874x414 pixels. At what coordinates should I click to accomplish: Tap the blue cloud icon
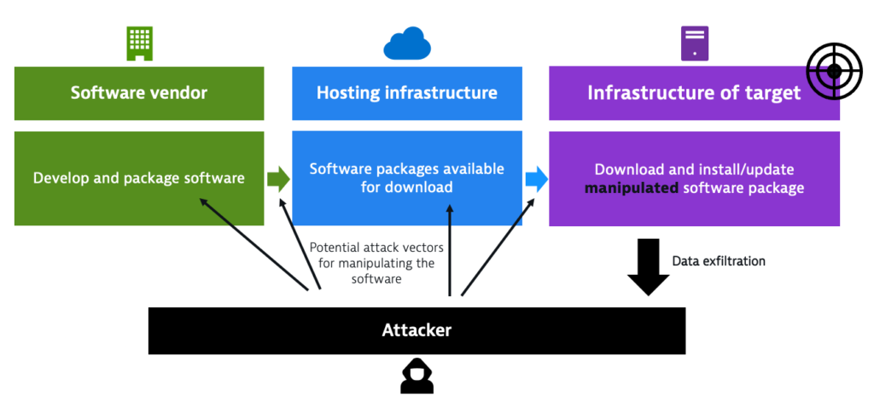(x=407, y=44)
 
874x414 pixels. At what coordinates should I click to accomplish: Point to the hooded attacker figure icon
(x=417, y=376)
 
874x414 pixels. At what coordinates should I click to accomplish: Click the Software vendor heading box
(x=139, y=93)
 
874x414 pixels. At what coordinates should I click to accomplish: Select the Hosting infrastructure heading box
(x=407, y=93)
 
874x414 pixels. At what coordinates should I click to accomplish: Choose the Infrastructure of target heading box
(x=694, y=93)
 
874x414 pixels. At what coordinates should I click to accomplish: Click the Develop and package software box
(x=139, y=178)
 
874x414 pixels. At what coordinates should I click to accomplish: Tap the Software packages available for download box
(x=407, y=178)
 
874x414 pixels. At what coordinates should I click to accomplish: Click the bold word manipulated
(x=631, y=188)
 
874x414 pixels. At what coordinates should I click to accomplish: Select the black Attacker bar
(x=417, y=330)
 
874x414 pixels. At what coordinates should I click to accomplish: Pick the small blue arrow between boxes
(x=536, y=178)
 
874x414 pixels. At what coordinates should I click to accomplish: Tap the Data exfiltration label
(x=719, y=261)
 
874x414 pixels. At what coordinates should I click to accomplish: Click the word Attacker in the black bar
(x=417, y=330)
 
